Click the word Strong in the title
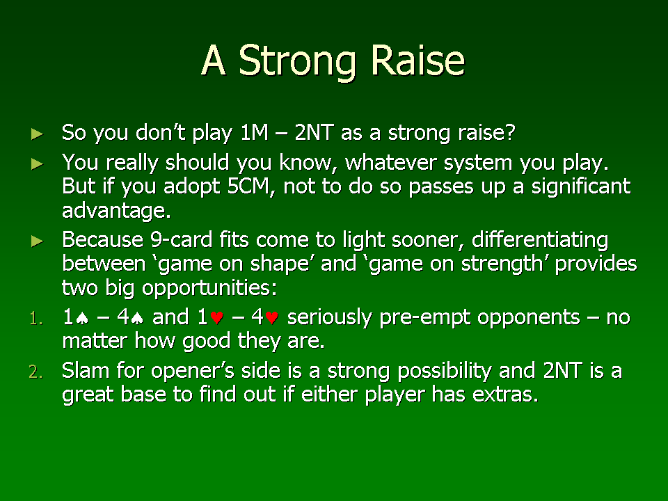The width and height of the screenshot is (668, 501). click(x=297, y=62)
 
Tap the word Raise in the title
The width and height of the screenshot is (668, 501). click(x=418, y=60)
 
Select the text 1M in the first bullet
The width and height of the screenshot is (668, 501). click(x=255, y=132)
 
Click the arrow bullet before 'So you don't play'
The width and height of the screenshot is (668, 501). click(x=38, y=134)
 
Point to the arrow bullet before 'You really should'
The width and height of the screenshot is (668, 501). click(x=38, y=164)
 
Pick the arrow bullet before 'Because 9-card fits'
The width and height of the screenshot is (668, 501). click(x=38, y=241)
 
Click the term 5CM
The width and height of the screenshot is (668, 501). click(x=251, y=187)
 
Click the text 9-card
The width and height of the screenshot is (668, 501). click(x=182, y=239)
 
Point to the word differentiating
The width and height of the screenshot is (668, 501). click(x=540, y=241)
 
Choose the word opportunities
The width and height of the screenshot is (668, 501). click(x=209, y=288)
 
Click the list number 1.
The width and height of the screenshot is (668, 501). click(x=36, y=319)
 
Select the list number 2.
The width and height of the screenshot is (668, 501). click(x=35, y=372)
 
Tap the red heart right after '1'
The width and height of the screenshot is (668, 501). click(x=217, y=318)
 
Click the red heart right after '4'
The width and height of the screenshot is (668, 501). click(x=272, y=318)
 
